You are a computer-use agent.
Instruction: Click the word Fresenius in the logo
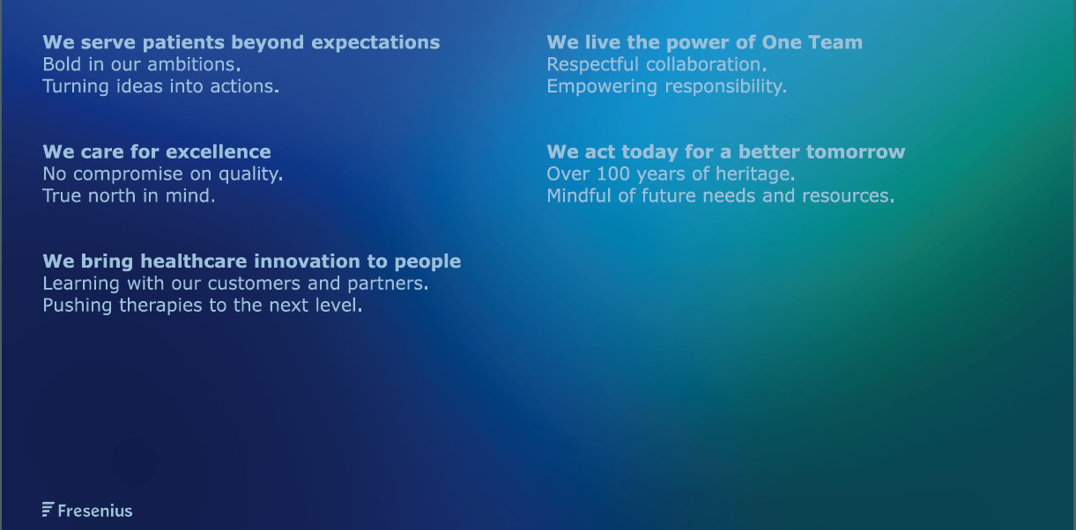pos(95,511)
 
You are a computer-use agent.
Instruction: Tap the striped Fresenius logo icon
pos(48,510)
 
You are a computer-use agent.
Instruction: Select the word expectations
pos(375,43)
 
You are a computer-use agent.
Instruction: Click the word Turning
pos(76,87)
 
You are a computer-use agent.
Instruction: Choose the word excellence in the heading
pos(218,151)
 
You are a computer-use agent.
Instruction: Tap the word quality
pos(251,174)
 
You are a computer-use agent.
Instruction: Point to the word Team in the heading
pos(835,42)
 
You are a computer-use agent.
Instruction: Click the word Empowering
pos(602,87)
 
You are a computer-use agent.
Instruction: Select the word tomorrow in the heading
pos(856,151)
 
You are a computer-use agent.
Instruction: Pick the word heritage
pos(755,174)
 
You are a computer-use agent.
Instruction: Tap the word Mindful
pos(579,195)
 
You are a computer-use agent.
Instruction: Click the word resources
pos(849,196)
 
